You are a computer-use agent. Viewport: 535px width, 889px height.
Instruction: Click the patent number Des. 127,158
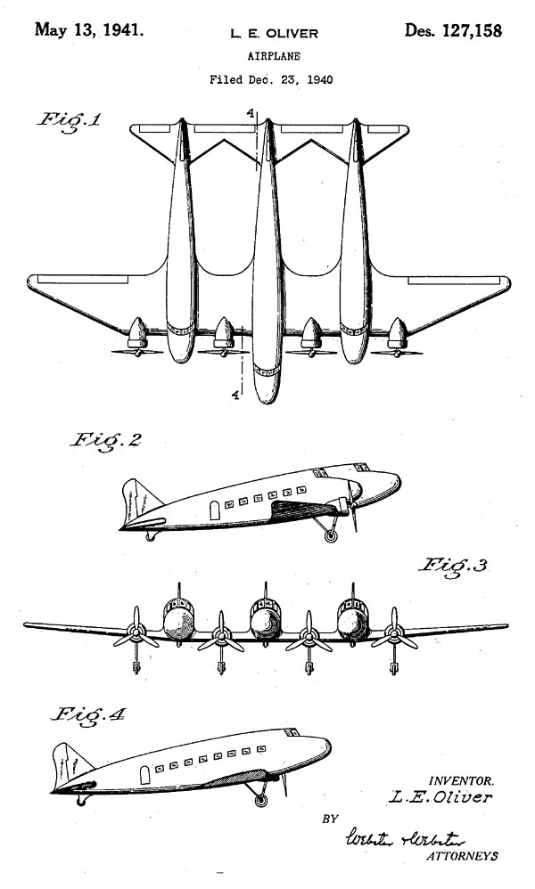pyautogui.click(x=453, y=31)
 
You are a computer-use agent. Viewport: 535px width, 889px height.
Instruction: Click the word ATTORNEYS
pyautogui.click(x=463, y=856)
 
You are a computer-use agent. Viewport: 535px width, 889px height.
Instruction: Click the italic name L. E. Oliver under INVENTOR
pyautogui.click(x=440, y=797)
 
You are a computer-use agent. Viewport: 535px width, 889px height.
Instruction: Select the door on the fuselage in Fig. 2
pyautogui.click(x=214, y=510)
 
